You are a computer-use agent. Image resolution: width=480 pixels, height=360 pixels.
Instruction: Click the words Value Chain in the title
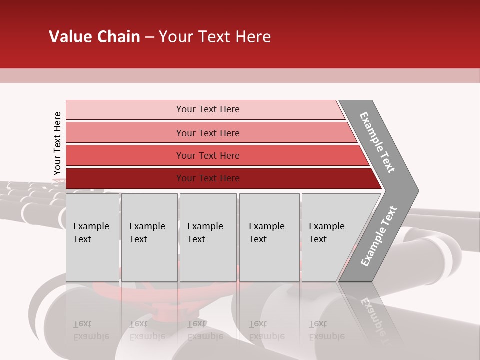94,37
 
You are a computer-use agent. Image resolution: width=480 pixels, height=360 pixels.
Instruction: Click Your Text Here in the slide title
215,37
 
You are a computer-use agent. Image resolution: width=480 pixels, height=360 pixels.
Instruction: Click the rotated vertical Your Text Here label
57,143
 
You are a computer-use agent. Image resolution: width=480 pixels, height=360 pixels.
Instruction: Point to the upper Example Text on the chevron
377,142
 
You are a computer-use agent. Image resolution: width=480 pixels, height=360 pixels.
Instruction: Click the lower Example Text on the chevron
379,236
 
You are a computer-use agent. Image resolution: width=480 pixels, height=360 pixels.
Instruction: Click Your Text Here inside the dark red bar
208,178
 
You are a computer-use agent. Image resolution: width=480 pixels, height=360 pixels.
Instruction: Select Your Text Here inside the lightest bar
208,109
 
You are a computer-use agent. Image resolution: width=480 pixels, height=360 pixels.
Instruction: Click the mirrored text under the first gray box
91,330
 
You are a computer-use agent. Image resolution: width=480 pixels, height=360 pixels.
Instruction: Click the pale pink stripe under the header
240,75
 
